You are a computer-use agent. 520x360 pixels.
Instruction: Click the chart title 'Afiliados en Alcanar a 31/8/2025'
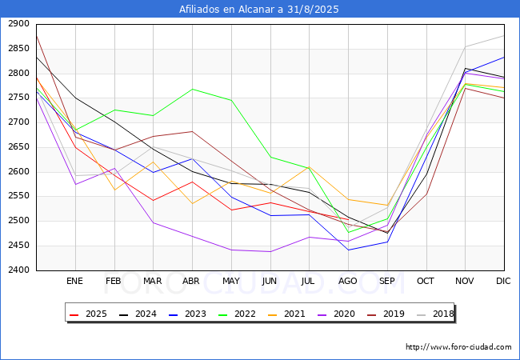[260, 10]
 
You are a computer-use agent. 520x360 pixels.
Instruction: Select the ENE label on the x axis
[75, 282]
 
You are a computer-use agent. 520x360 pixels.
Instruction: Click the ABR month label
[192, 282]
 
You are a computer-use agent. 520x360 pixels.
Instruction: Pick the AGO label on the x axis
[348, 282]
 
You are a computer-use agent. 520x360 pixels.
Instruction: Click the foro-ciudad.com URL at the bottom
[458, 347]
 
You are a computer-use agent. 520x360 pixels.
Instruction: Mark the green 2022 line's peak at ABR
[192, 89]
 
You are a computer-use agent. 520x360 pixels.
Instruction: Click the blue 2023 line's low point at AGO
[348, 250]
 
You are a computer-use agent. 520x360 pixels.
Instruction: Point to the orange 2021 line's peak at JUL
[309, 167]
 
